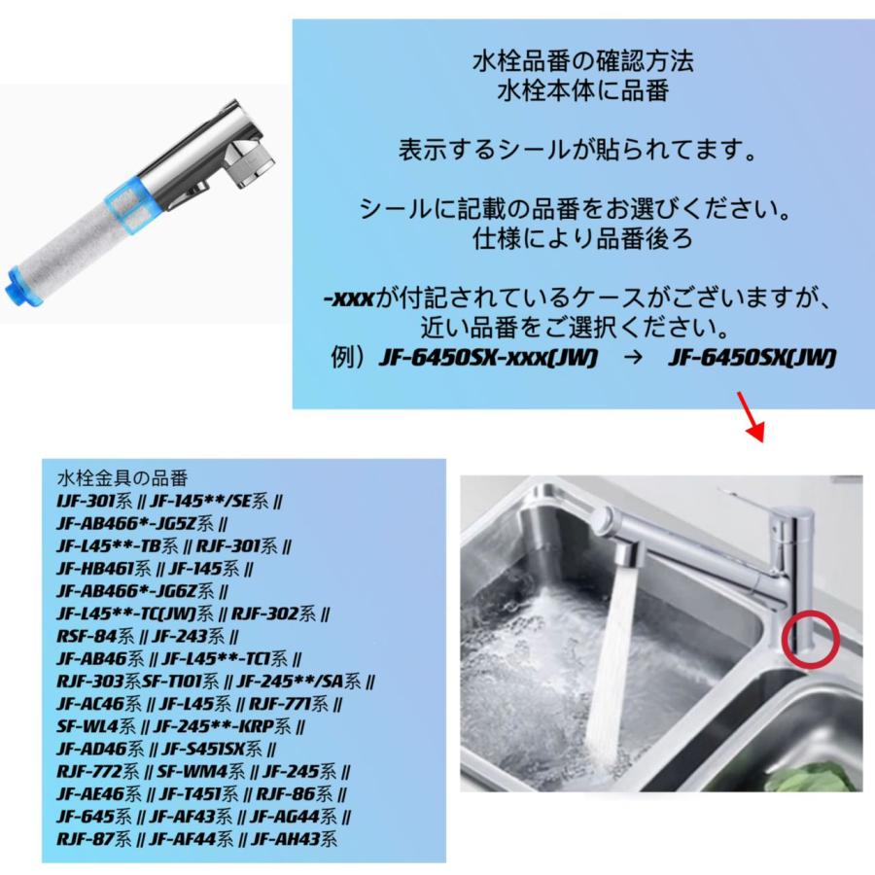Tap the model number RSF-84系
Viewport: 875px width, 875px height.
tap(95, 637)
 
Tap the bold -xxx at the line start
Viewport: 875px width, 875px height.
tap(348, 297)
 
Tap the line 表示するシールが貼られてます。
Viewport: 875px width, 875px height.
tap(577, 152)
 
